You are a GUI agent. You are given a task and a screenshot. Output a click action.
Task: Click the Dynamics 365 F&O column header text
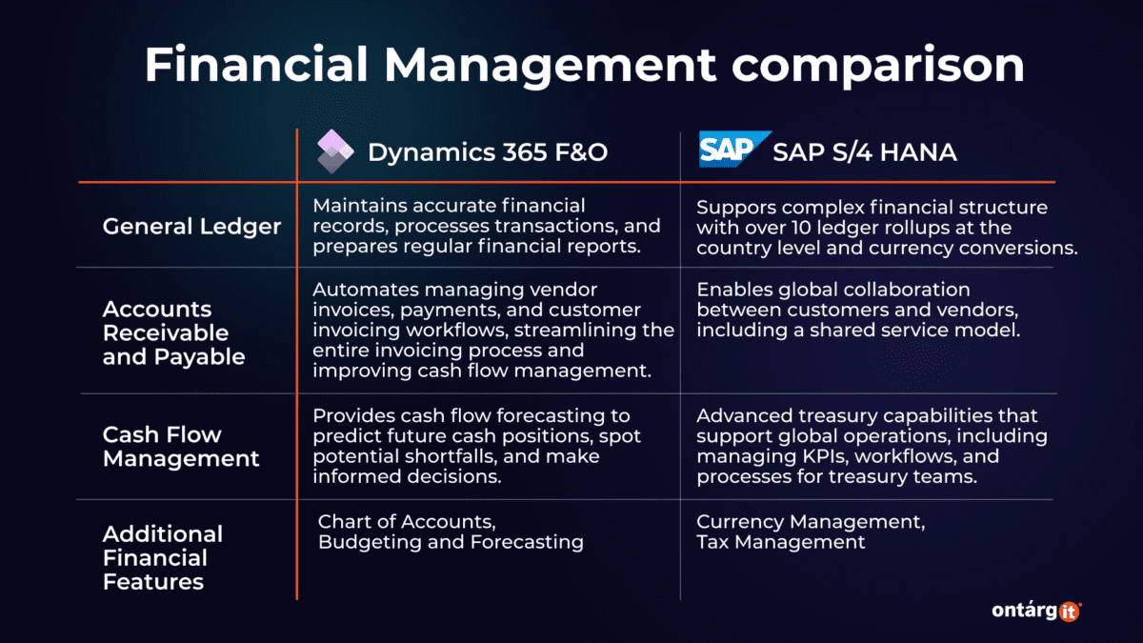pyautogui.click(x=487, y=151)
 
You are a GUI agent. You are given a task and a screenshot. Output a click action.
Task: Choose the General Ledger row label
pyautogui.click(x=191, y=227)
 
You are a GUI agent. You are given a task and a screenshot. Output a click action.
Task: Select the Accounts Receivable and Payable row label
pyautogui.click(x=167, y=333)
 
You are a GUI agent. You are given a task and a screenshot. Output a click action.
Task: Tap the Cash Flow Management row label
pyautogui.click(x=181, y=446)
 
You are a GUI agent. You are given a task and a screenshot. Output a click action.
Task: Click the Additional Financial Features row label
pyautogui.click(x=163, y=558)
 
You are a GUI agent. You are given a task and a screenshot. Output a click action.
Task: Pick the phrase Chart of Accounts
pyautogui.click(x=407, y=522)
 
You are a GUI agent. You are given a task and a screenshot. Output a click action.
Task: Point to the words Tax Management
pyautogui.click(x=781, y=542)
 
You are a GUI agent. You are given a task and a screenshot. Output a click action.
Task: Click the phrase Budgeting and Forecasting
pyautogui.click(x=451, y=542)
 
